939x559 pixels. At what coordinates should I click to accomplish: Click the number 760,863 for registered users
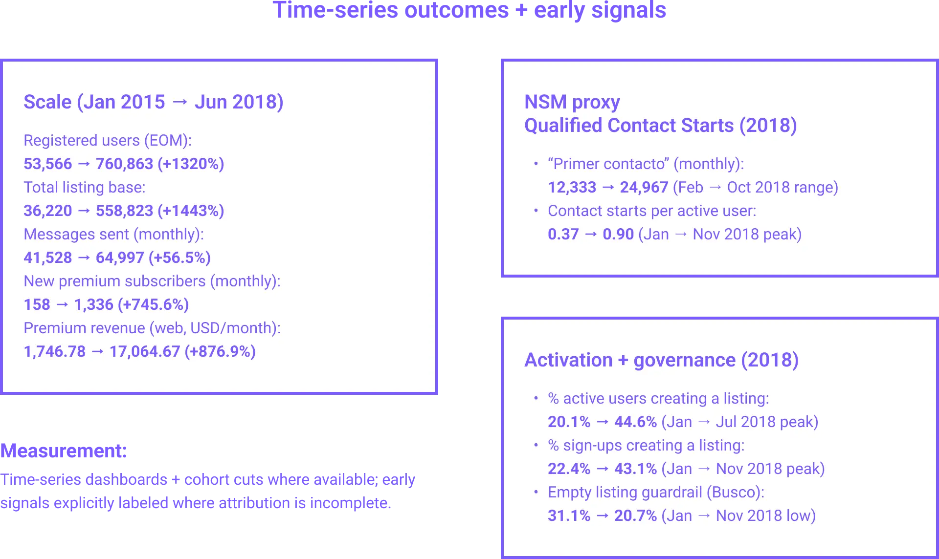pyautogui.click(x=124, y=164)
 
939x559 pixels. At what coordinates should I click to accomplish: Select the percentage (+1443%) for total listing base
pyautogui.click(x=191, y=211)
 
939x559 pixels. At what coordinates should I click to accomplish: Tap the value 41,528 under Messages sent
pyautogui.click(x=47, y=258)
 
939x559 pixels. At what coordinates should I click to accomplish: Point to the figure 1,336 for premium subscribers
pyautogui.click(x=93, y=304)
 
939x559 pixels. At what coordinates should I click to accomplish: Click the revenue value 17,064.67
pyautogui.click(x=145, y=351)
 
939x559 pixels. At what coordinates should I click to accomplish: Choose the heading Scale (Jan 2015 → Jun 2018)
pyautogui.click(x=153, y=102)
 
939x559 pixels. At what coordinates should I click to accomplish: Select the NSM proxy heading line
pyautogui.click(x=572, y=102)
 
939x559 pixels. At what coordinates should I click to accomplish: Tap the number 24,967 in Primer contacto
pyautogui.click(x=644, y=187)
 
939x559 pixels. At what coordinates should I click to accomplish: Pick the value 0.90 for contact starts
pyautogui.click(x=618, y=234)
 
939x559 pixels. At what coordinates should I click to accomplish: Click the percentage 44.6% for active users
pyautogui.click(x=635, y=422)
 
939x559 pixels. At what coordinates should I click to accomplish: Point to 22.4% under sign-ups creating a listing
pyautogui.click(x=569, y=469)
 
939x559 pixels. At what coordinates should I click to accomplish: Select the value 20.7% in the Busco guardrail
pyautogui.click(x=635, y=516)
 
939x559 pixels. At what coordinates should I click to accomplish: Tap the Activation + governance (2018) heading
pyautogui.click(x=661, y=360)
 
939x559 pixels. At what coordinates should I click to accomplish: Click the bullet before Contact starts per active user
pyautogui.click(x=536, y=211)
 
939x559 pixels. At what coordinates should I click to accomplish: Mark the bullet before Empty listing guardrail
pyautogui.click(x=536, y=492)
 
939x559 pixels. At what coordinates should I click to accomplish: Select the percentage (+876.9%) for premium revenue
pyautogui.click(x=220, y=351)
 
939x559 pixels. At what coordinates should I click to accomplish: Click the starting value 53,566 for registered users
pyautogui.click(x=47, y=164)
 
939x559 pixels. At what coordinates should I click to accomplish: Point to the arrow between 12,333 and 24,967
pyautogui.click(x=608, y=187)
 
